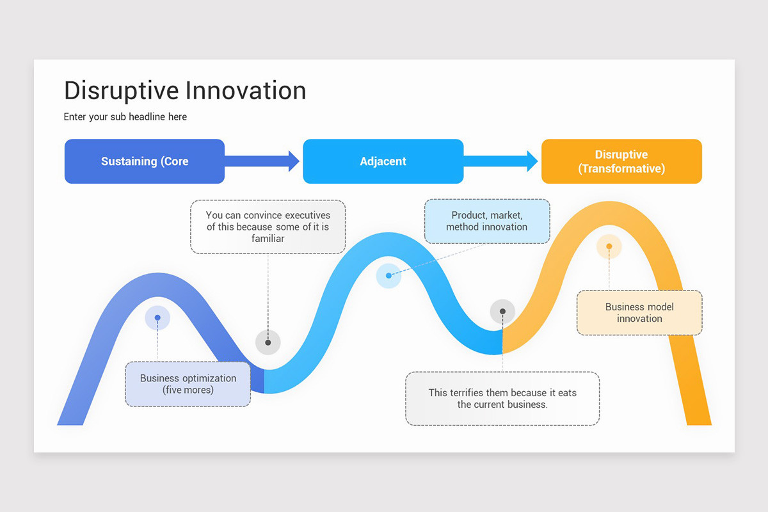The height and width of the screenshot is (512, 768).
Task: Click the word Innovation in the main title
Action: coord(245,91)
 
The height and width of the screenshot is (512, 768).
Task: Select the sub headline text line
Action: coord(125,116)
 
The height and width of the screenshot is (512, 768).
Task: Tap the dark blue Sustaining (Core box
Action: coord(145,161)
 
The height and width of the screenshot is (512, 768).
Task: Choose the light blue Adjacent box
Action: coord(383,161)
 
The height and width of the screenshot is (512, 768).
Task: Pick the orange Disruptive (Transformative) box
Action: coord(621,161)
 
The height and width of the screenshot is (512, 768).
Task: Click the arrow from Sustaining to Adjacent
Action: coord(262,161)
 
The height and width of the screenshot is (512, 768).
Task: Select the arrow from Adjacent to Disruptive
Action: coord(501,161)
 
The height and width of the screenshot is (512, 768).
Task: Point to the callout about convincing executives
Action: coord(268,227)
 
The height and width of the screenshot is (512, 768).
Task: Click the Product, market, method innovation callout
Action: coord(487,221)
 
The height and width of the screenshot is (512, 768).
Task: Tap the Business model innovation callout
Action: coord(639,313)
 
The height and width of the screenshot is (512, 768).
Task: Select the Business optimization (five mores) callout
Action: coord(188,384)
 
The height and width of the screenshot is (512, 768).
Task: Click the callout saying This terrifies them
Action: coord(502,399)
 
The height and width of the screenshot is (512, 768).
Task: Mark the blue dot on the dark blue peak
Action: coord(157,317)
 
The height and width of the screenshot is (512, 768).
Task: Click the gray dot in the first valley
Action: coord(268,342)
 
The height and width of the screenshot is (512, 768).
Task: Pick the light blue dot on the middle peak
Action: coord(388,276)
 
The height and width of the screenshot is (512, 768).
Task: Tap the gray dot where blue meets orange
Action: coord(502,312)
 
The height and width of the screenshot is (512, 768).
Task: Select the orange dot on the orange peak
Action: coord(609,246)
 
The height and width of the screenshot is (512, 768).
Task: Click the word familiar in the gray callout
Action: coord(268,239)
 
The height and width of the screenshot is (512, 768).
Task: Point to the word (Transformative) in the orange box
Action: coord(621,168)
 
